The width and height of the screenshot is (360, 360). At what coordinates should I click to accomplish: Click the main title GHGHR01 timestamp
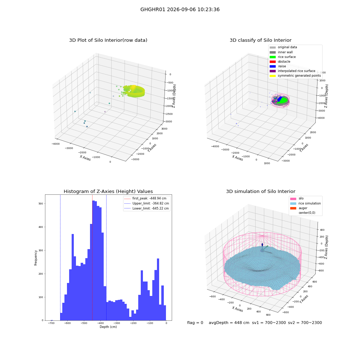180,10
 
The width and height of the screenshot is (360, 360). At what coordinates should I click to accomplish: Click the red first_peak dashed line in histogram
92,257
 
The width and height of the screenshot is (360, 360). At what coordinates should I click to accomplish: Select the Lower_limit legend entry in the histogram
147,208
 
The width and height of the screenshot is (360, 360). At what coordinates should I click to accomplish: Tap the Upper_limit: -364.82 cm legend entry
147,203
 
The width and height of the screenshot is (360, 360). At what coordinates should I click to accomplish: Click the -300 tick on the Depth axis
117,323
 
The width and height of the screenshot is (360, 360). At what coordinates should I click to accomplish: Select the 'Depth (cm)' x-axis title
108,327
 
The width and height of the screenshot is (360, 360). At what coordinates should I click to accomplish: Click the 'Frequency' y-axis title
36,258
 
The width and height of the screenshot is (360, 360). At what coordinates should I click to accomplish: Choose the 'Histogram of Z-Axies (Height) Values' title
108,191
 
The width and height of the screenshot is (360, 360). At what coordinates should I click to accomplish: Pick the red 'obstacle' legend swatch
273,62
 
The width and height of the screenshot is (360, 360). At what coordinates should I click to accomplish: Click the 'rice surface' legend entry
283,57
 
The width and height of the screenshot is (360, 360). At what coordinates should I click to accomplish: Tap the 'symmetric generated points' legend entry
295,76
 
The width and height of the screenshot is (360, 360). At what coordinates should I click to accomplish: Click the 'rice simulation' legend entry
305,203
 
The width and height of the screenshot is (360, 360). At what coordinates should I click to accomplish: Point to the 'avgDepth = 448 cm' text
229,323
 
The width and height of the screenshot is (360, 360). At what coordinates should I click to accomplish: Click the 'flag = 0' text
195,323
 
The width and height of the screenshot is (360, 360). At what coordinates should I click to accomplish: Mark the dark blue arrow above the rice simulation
262,245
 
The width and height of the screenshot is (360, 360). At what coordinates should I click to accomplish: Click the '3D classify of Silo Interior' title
261,40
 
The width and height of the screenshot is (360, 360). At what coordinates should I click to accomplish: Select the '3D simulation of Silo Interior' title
261,191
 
